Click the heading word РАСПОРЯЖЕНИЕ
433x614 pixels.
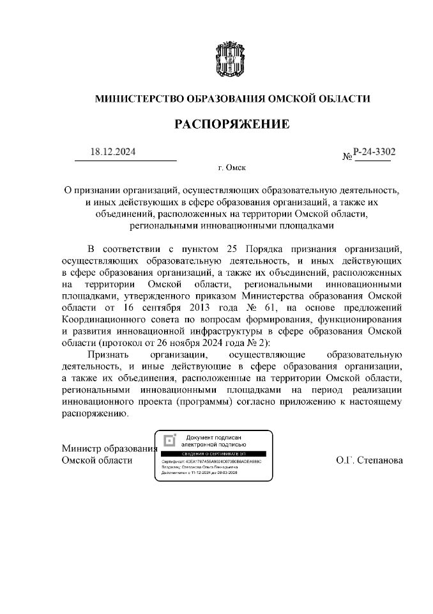(232, 124)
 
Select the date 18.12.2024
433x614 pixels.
(113, 152)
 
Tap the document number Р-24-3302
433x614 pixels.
(374, 152)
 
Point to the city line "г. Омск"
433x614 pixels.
(232, 168)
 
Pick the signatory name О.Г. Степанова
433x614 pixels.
(369, 460)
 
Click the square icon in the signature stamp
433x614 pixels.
(169, 440)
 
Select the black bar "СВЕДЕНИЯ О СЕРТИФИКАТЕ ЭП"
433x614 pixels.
(215, 452)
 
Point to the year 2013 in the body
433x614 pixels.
(206, 307)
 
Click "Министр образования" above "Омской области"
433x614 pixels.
(109, 448)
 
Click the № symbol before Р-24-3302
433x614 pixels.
(348, 156)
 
